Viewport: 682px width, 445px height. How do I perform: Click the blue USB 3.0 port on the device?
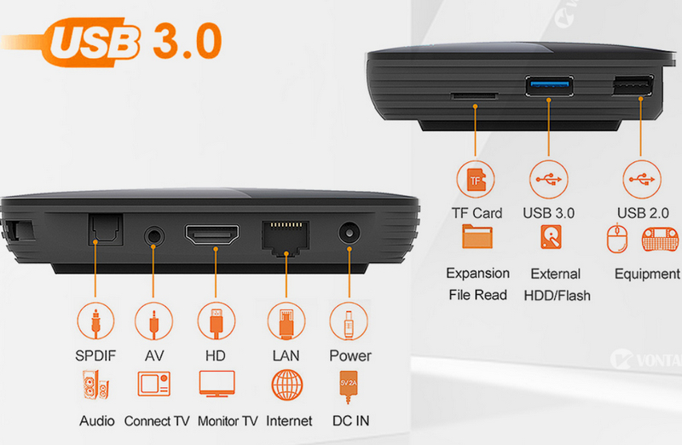[549, 86]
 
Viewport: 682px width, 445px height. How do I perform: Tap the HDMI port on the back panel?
[211, 234]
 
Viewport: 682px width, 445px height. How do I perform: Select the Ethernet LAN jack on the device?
[286, 238]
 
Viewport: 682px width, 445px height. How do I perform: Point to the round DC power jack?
[350, 234]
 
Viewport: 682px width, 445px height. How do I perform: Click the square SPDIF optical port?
[106, 229]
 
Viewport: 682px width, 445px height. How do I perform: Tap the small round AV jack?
[154, 237]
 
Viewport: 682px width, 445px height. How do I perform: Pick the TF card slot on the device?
[474, 95]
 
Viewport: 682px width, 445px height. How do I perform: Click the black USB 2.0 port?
[633, 86]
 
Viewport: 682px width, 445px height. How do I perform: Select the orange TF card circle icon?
[476, 179]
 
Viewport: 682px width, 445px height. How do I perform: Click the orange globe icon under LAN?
[286, 385]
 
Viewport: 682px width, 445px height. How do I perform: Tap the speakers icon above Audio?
[95, 385]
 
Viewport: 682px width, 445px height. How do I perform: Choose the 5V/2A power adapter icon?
[349, 387]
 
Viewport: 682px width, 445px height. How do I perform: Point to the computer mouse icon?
[616, 238]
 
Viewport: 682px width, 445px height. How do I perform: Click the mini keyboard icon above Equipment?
[660, 239]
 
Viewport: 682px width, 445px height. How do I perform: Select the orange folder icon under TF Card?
[477, 237]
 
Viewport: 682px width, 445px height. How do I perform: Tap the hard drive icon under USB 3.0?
[551, 237]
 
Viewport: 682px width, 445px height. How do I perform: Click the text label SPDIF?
[95, 355]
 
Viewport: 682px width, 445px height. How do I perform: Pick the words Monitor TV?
[228, 421]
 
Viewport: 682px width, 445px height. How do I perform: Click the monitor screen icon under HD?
[217, 384]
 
